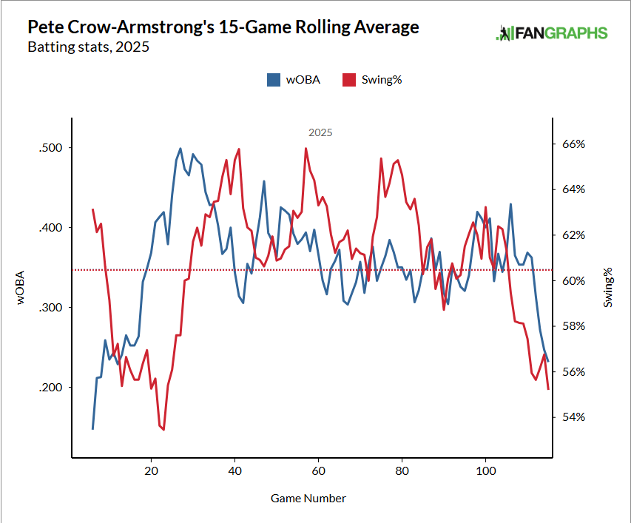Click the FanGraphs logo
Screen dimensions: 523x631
(x=552, y=33)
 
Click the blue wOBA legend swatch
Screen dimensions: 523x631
(x=274, y=80)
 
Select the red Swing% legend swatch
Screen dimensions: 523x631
(x=347, y=80)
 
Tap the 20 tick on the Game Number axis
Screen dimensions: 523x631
(x=151, y=471)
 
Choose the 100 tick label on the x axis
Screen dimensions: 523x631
(x=485, y=471)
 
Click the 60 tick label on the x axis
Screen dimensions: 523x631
(x=318, y=471)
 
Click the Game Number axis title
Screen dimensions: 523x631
(x=308, y=498)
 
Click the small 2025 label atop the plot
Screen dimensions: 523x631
(x=320, y=133)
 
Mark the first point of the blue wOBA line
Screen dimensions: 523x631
(x=92, y=428)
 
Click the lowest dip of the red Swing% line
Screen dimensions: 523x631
(x=163, y=429)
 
